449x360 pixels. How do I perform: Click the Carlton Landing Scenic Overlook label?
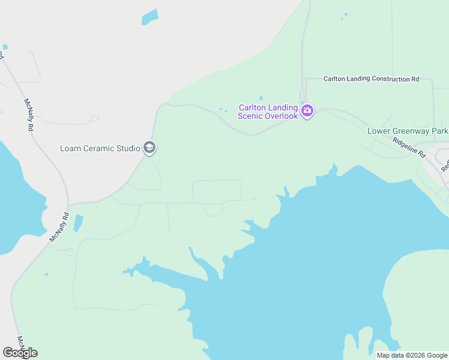coord(268,112)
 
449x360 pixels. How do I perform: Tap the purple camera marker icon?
coord(307,110)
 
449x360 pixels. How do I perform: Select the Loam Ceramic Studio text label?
coord(100,148)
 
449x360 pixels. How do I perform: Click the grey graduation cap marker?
coord(149,147)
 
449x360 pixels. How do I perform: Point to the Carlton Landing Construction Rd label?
coord(371,79)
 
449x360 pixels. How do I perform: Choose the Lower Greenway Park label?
coord(408,131)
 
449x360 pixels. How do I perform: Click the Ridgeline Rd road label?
coord(409,146)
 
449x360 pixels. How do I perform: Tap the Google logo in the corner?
coord(20,353)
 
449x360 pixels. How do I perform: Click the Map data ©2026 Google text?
coord(412,355)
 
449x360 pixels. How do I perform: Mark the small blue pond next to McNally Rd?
coord(78,223)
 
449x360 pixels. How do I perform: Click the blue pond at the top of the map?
coord(149,17)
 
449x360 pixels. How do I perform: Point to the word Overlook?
coord(280,116)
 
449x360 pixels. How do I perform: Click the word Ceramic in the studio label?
coord(98,148)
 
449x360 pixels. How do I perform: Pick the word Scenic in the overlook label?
coord(252,116)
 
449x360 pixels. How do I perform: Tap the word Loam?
coord(71,148)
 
